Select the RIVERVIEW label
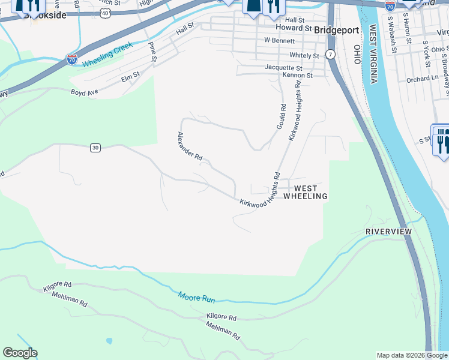[x=388, y=232]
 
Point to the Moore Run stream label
[x=196, y=296]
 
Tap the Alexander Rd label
[x=190, y=146]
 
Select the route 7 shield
[x=330, y=55]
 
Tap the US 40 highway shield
[x=105, y=12]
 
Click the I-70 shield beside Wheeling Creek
[x=71, y=60]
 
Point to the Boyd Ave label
[x=83, y=92]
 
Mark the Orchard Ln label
[x=422, y=79]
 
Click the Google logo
[x=20, y=353]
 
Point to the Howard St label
[x=294, y=28]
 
